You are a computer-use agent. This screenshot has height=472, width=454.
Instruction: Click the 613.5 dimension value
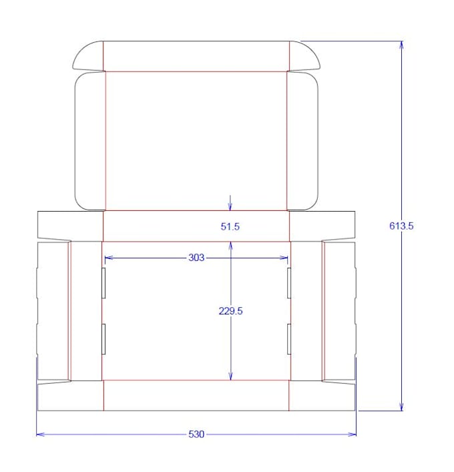click(x=401, y=226)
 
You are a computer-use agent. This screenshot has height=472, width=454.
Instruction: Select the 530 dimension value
click(x=196, y=435)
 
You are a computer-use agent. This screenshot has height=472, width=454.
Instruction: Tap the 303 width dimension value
click(x=196, y=257)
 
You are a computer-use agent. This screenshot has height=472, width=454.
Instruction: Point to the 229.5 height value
click(x=230, y=310)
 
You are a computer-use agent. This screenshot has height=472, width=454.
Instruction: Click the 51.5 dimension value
click(x=230, y=227)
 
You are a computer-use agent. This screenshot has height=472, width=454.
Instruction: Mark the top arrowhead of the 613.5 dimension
click(x=402, y=45)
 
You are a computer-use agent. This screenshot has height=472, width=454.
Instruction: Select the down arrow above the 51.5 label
click(x=230, y=205)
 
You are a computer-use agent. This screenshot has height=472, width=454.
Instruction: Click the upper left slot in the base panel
click(x=104, y=284)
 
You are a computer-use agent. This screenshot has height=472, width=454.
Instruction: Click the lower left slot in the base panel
click(x=104, y=339)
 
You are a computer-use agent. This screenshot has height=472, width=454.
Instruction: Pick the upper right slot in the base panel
click(x=289, y=284)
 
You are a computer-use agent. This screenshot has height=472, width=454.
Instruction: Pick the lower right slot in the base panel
click(x=289, y=339)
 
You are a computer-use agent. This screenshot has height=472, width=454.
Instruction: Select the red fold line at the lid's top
click(x=196, y=71)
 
